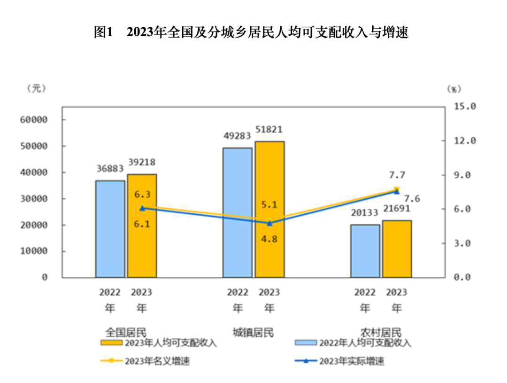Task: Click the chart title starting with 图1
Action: pyautogui.click(x=251, y=32)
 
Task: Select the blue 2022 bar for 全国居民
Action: pyautogui.click(x=110, y=229)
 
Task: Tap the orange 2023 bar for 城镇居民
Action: pyautogui.click(x=269, y=209)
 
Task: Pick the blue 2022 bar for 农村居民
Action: pyautogui.click(x=365, y=251)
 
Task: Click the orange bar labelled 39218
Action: pyautogui.click(x=142, y=226)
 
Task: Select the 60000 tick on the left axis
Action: pyautogui.click(x=34, y=120)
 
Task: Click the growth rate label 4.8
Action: pyautogui.click(x=269, y=239)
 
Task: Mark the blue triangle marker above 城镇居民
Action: pyautogui.click(x=269, y=223)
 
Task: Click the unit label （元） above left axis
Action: pyautogui.click(x=37, y=88)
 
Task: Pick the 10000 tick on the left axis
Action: pyautogui.click(x=34, y=251)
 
